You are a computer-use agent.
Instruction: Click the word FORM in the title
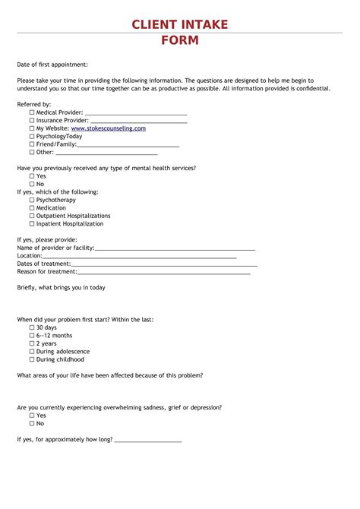tap(179, 40)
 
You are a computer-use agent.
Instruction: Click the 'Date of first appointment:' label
tap(53, 65)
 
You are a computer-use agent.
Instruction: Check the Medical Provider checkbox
tap(32, 112)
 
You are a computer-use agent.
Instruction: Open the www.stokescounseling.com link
tap(108, 128)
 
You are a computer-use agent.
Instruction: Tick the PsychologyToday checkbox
tap(32, 136)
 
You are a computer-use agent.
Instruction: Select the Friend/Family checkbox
tap(32, 144)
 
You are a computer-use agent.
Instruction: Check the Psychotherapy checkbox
tap(32, 200)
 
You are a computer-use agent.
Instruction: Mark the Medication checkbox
tap(32, 208)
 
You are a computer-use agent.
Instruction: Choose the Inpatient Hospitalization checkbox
tap(32, 224)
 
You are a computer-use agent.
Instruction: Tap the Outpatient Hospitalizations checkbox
tap(32, 216)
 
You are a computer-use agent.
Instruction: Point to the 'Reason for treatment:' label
tap(47, 271)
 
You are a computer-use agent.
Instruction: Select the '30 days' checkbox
tap(32, 327)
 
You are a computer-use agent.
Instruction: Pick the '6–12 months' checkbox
tap(32, 335)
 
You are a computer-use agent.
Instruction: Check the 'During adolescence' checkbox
tap(32, 352)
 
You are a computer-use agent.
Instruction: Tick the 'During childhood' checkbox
tap(32, 359)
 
